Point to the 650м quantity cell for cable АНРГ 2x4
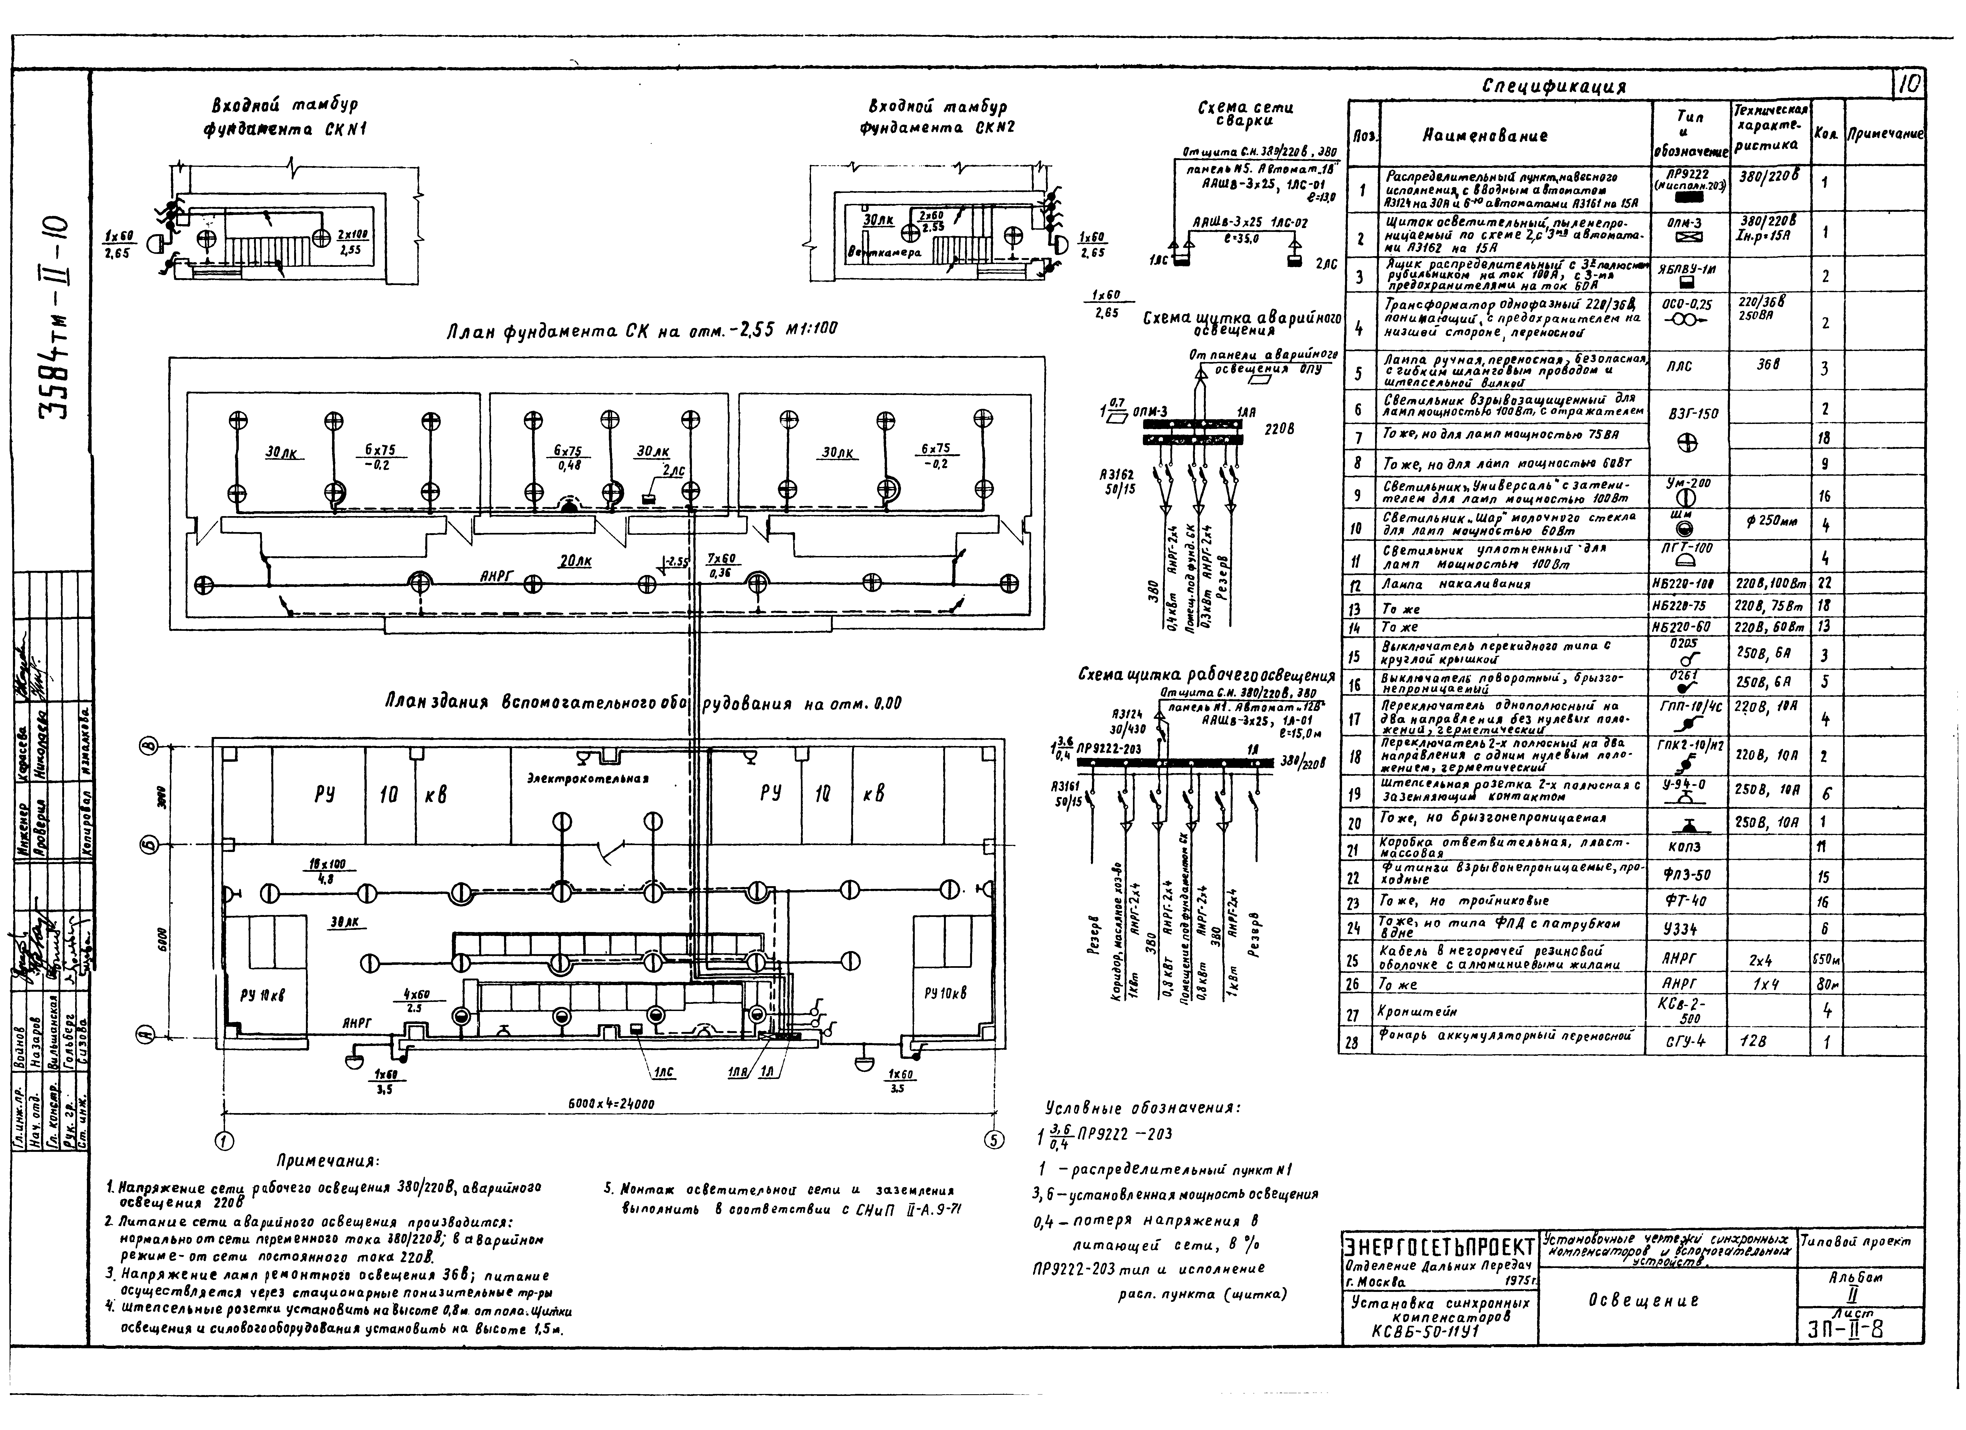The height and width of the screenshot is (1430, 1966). click(1826, 959)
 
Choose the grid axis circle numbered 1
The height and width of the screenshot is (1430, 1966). click(224, 1141)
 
